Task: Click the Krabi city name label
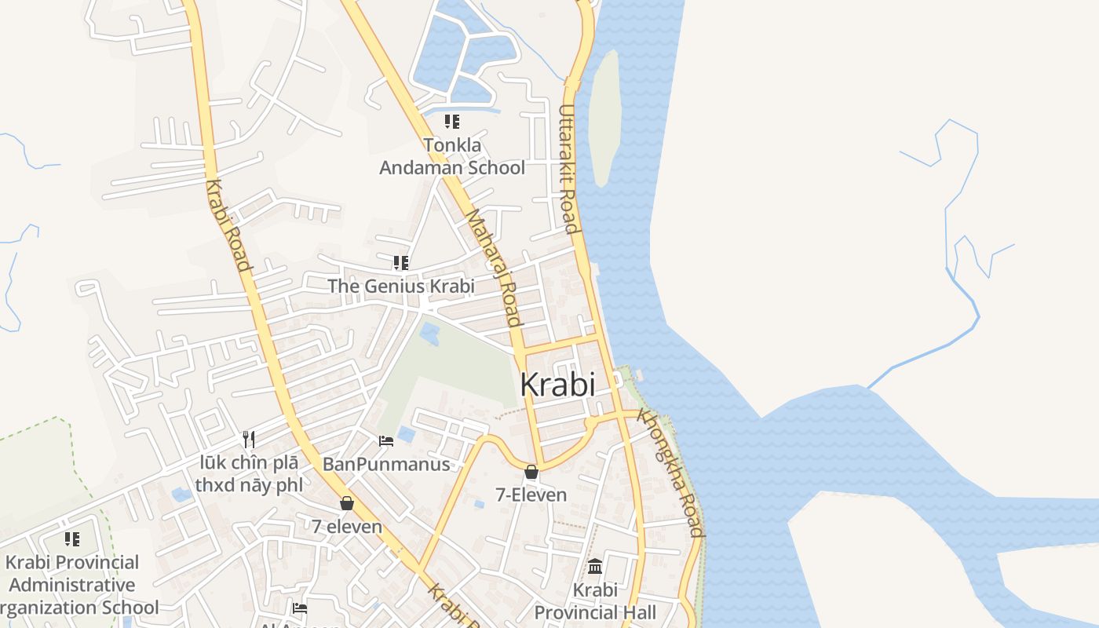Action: pyautogui.click(x=557, y=385)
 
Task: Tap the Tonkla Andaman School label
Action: pyautogui.click(x=452, y=156)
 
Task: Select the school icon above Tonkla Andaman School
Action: pyautogui.click(x=452, y=122)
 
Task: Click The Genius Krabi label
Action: pyautogui.click(x=401, y=286)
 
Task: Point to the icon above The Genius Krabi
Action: pyautogui.click(x=401, y=262)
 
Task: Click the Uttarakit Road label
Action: pyautogui.click(x=568, y=170)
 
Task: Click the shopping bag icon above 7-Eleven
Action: pyautogui.click(x=531, y=472)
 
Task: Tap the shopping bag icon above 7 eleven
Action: pyautogui.click(x=347, y=503)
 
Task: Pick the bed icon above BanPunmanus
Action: pyautogui.click(x=386, y=441)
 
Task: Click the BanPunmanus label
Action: pyautogui.click(x=386, y=464)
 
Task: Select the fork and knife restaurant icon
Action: pyautogui.click(x=249, y=439)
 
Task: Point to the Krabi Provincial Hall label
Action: pyautogui.click(x=595, y=601)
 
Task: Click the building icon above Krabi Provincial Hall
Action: pyautogui.click(x=595, y=566)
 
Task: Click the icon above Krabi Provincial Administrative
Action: pyautogui.click(x=72, y=539)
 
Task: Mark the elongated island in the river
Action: pyautogui.click(x=604, y=118)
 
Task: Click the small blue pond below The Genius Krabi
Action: pyautogui.click(x=429, y=334)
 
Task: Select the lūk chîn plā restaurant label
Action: pyautogui.click(x=249, y=473)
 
